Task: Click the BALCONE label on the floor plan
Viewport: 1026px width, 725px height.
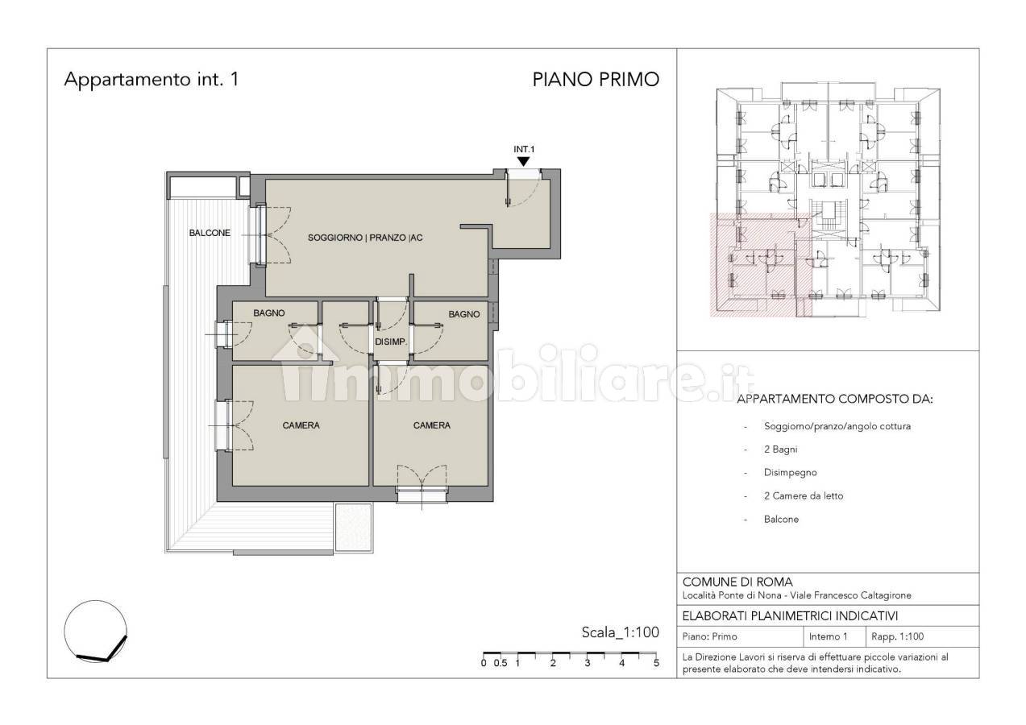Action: (210, 233)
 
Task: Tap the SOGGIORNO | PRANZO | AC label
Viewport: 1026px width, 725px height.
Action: (365, 238)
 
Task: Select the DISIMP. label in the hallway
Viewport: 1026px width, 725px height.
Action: (391, 342)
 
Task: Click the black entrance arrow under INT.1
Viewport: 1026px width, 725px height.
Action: (524, 162)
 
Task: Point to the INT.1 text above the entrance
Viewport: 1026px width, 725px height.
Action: (524, 149)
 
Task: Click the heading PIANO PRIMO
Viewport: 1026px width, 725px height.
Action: (596, 80)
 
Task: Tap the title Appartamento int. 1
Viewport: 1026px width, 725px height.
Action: (152, 80)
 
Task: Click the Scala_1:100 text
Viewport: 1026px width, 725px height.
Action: (620, 632)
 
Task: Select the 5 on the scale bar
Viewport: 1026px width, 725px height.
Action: (656, 663)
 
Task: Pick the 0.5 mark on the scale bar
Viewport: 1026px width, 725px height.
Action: (501, 663)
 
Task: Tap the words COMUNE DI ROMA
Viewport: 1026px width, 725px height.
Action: (737, 582)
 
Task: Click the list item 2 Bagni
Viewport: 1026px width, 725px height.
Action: (780, 449)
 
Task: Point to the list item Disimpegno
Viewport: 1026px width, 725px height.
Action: (790, 473)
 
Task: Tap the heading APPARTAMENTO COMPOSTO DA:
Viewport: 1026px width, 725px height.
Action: (834, 399)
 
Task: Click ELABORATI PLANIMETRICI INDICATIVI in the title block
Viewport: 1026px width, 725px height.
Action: (790, 616)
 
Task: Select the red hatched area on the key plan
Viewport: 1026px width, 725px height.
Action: (760, 266)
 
